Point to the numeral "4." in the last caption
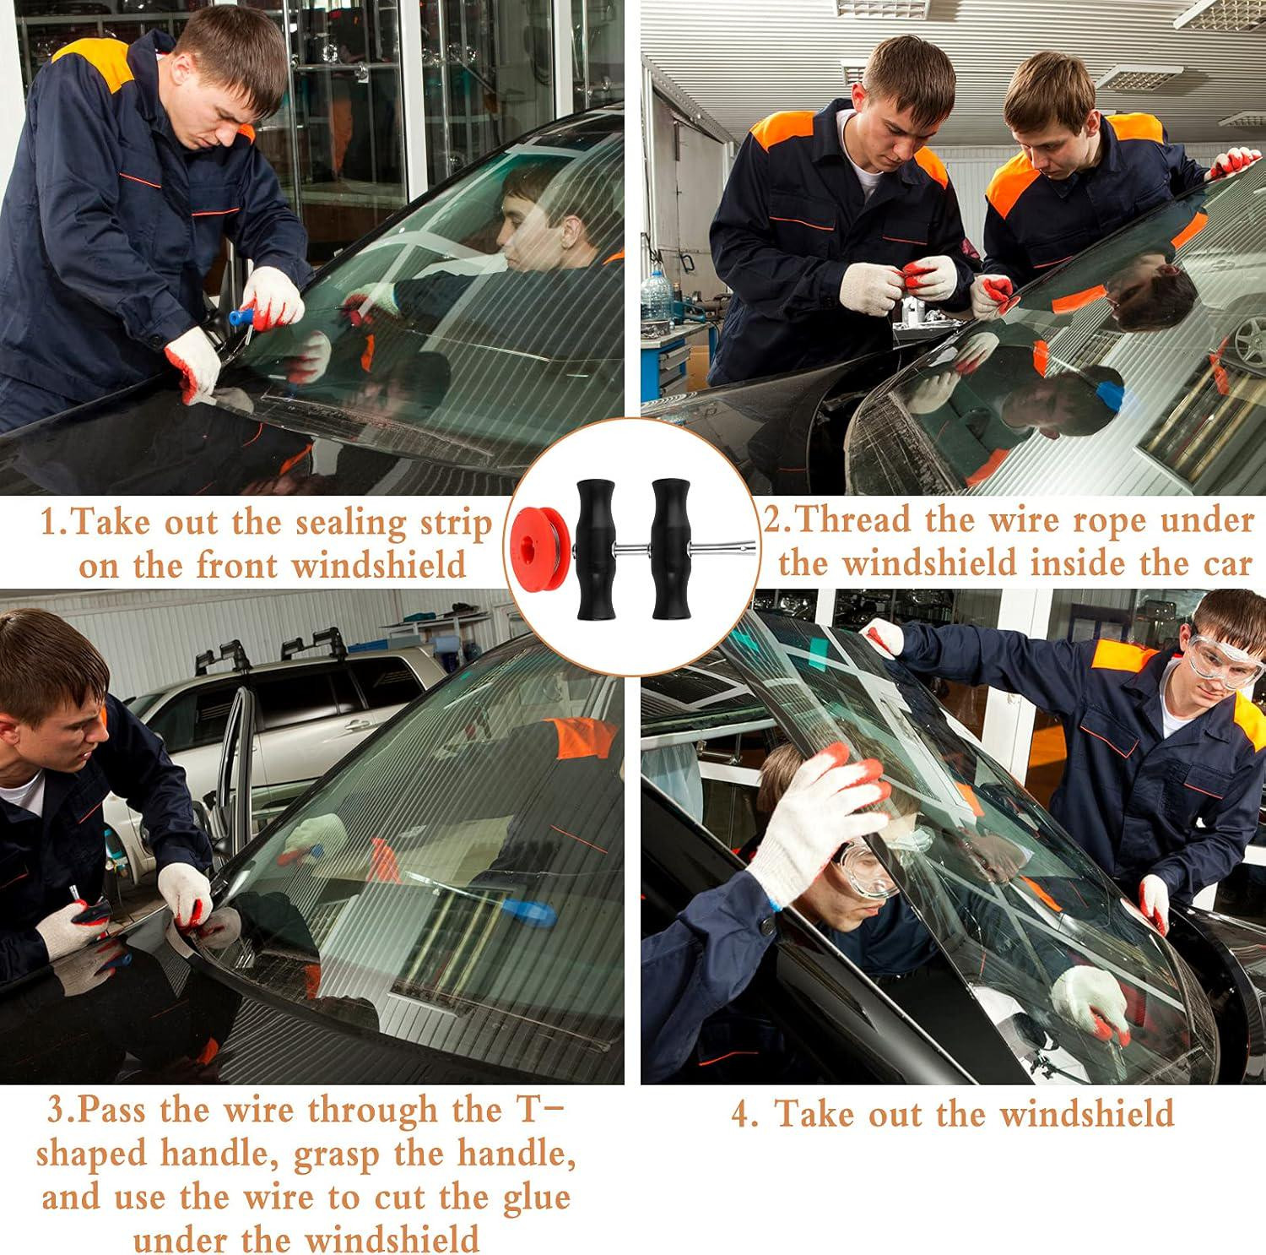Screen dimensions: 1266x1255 [x=746, y=1113]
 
